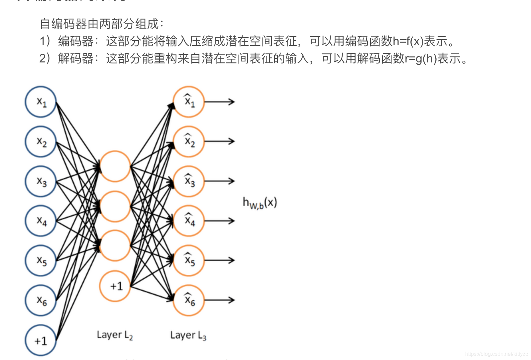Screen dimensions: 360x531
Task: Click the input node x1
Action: click(41, 102)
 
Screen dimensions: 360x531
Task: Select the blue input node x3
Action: click(41, 181)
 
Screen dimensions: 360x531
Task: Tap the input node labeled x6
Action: click(41, 300)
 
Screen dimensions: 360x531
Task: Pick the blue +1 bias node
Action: click(41, 340)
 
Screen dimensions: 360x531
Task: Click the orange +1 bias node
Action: click(115, 286)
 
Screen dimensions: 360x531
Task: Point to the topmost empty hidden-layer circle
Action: click(115, 166)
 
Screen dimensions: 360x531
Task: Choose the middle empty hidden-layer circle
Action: click(115, 206)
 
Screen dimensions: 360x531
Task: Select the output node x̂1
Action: click(188, 102)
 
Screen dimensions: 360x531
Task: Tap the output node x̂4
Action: click(188, 221)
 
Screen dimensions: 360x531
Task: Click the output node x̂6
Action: click(188, 300)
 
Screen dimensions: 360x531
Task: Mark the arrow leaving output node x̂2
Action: click(219, 141)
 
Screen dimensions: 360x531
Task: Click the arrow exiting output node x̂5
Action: click(219, 260)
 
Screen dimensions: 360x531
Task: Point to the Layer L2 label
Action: click(115, 335)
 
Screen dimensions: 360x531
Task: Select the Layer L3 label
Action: click(188, 335)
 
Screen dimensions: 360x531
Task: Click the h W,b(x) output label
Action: click(260, 203)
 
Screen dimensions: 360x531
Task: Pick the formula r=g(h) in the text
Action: click(421, 59)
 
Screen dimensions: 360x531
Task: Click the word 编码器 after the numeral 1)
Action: click(76, 42)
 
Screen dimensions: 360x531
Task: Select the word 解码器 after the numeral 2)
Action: click(76, 59)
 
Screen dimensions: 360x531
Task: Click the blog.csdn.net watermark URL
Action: click(496, 354)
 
